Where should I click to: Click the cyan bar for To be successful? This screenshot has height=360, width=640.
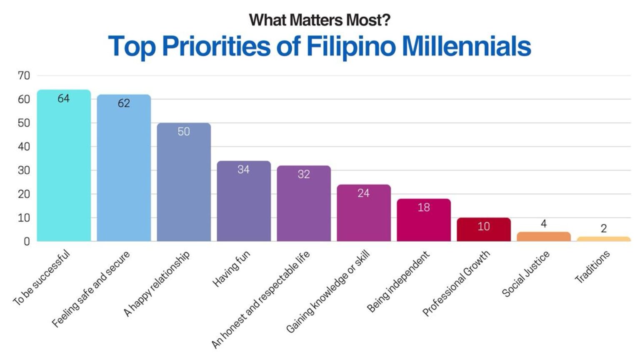(64, 167)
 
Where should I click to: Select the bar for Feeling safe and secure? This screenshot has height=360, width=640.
(124, 171)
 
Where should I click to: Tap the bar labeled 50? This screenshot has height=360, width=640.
(184, 183)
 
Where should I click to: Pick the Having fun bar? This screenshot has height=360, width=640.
(244, 202)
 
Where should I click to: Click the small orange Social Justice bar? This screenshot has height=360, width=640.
(544, 237)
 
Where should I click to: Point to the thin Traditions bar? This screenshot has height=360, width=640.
(604, 239)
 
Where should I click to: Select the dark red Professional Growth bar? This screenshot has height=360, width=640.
(484, 230)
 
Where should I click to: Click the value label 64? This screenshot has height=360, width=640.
(64, 98)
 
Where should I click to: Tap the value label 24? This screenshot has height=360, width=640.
(363, 193)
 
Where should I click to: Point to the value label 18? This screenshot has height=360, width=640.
(423, 207)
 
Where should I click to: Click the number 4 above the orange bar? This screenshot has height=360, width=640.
(543, 224)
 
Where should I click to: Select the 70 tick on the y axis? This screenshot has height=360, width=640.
(24, 75)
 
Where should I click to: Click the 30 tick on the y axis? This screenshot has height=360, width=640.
(24, 170)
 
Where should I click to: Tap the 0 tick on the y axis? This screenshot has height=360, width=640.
(27, 241)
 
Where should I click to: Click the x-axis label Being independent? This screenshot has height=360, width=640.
(398, 282)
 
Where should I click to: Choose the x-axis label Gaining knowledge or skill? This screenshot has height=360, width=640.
(328, 292)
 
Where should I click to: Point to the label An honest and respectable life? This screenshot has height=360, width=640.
(261, 299)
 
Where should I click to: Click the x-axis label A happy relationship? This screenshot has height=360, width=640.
(157, 283)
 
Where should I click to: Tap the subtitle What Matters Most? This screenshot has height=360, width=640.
(320, 20)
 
